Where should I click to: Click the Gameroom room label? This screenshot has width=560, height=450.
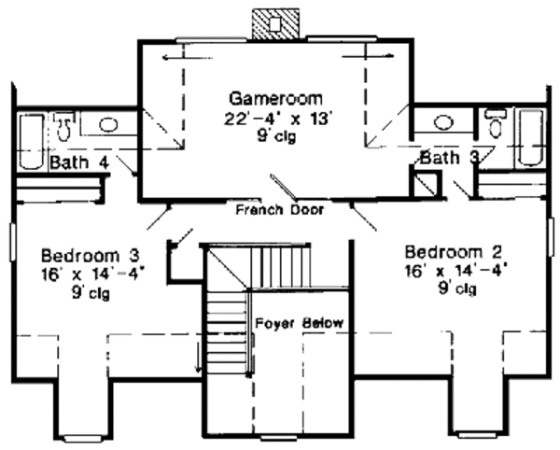coord(277,96)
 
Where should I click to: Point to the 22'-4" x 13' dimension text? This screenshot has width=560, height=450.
coord(277,118)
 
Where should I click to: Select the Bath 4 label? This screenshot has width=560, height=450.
coord(79,162)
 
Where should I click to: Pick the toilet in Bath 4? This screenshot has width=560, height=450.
coord(63,124)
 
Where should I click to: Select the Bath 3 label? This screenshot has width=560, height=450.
coord(449,158)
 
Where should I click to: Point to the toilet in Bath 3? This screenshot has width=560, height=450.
coord(496,124)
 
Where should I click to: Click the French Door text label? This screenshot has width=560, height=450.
coord(278,209)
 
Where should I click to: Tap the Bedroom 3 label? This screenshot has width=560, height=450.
coord(90,255)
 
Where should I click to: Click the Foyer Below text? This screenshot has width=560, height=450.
coord(299,323)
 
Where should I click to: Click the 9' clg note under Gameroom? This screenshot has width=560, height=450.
coord(277,136)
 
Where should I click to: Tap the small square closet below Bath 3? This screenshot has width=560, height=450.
coord(425,183)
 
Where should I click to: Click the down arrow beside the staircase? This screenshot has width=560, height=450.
coord(198,359)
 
